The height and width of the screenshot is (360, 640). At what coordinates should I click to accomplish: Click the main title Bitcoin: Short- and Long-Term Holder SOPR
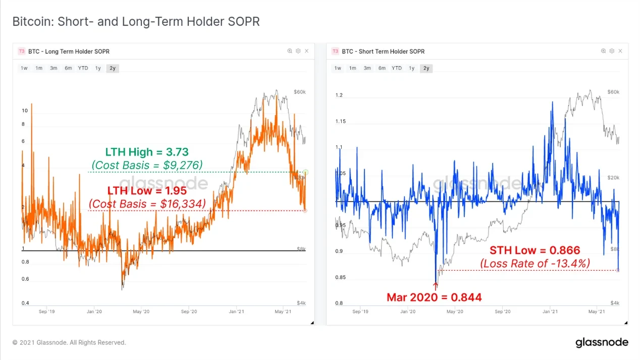(136, 22)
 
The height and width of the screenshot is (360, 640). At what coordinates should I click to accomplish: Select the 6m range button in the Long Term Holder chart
(68, 68)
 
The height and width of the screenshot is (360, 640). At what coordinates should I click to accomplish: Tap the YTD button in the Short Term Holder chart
(397, 68)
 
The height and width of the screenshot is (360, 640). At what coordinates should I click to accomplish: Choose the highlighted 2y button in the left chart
(113, 68)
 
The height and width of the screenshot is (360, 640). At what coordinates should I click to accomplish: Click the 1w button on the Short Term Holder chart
(338, 68)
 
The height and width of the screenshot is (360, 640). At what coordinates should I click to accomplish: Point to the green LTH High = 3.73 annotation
(146, 151)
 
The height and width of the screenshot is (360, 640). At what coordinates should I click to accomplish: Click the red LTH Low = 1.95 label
(147, 191)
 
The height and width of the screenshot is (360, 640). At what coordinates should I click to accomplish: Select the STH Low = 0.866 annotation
(535, 250)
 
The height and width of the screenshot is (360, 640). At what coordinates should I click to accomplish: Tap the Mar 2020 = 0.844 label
(434, 297)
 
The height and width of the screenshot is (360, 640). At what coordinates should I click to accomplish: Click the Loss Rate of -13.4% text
(535, 263)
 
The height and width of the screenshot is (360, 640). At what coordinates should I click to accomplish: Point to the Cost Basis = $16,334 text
(147, 203)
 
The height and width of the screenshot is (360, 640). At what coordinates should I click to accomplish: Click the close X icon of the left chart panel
(306, 51)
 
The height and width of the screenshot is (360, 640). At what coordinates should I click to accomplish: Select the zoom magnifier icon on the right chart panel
(603, 51)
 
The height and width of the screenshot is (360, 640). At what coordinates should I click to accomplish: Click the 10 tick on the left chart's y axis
(24, 111)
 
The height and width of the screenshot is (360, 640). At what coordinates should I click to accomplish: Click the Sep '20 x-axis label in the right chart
(503, 312)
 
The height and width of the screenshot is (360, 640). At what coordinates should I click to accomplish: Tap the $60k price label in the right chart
(613, 92)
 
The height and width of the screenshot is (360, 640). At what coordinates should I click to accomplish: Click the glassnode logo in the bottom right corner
(602, 343)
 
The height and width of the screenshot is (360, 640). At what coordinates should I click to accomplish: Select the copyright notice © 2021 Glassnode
(69, 343)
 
